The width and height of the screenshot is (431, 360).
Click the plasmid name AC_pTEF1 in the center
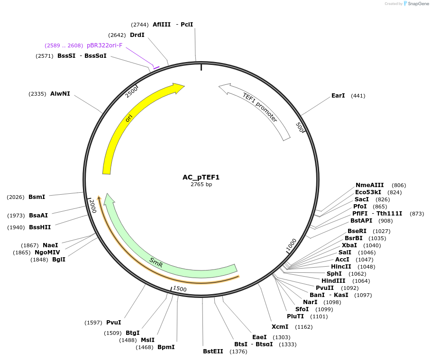point(201,177)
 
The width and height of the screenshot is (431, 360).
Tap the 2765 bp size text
point(201,184)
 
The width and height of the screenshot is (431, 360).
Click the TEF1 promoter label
point(260,107)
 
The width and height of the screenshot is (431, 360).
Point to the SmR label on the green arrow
point(156,263)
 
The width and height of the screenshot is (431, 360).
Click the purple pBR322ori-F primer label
point(104,45)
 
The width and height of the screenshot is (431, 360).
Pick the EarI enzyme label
point(338,96)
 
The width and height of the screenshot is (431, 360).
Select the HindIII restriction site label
point(333,280)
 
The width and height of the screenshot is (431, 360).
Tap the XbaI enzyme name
point(349,245)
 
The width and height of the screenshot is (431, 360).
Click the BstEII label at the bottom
point(213,351)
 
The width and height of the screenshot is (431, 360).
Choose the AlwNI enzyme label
point(60,94)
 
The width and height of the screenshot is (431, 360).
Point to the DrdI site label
point(137,35)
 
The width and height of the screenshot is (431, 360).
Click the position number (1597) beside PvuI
point(93,323)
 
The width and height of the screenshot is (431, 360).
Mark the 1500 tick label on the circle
point(180,288)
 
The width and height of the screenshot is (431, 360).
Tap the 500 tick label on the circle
point(299,127)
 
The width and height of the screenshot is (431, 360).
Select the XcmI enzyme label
point(280,327)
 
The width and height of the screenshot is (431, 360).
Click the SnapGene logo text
point(418,4)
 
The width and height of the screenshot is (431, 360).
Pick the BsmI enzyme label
point(37,197)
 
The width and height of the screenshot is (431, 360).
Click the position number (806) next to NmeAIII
point(399,185)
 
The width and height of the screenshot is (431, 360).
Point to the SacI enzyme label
point(361,199)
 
